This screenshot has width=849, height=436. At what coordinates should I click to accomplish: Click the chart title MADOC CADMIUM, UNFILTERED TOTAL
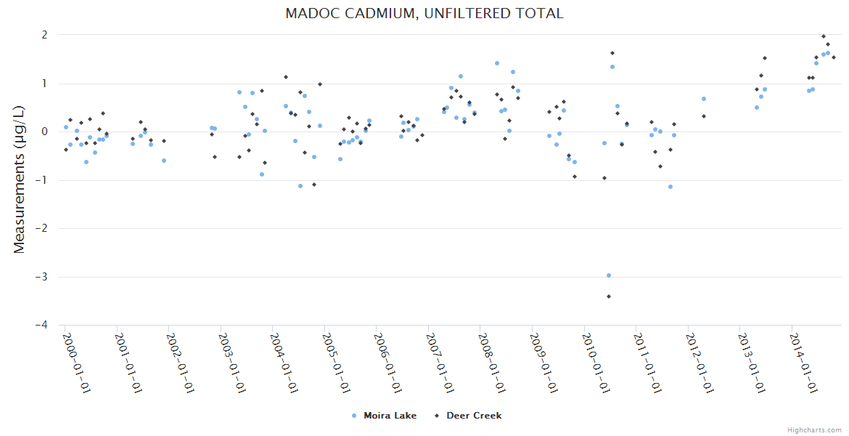coord(424,13)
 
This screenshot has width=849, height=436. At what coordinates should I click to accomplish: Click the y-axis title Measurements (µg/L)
coord(20,180)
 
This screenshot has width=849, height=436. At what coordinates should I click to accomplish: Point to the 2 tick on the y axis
coord(44,35)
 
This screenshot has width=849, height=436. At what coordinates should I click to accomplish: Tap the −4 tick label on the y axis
coord(41,326)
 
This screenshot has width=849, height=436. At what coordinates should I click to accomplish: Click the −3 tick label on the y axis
coord(41,277)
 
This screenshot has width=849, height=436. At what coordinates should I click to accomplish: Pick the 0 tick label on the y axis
coord(44,132)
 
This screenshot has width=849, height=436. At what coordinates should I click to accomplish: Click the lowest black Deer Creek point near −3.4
coord(609,296)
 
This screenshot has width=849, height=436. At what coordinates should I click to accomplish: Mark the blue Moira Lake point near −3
coord(609,275)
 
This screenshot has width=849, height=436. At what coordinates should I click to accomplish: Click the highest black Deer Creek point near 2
coord(824,36)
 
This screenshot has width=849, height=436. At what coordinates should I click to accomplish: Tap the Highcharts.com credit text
coord(814,429)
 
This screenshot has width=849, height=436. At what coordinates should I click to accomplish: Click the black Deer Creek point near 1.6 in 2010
coord(612,53)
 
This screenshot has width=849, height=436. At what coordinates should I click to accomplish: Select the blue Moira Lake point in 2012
coord(704,99)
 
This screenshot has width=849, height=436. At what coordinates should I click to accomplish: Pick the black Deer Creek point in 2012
coord(704,116)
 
